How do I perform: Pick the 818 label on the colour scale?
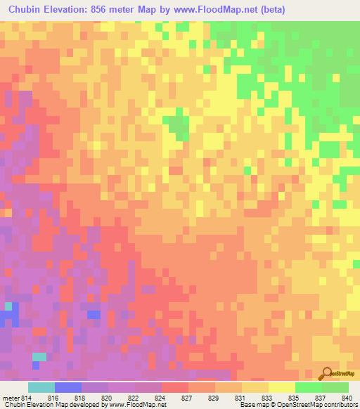[x=80, y=398]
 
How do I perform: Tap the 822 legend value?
[x=135, y=398]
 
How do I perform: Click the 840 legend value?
[x=345, y=398]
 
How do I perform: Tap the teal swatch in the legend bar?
[x=41, y=387]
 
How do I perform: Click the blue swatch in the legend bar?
[x=68, y=387]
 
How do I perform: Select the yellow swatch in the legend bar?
[x=282, y=387]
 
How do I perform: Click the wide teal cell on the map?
[x=39, y=356]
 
